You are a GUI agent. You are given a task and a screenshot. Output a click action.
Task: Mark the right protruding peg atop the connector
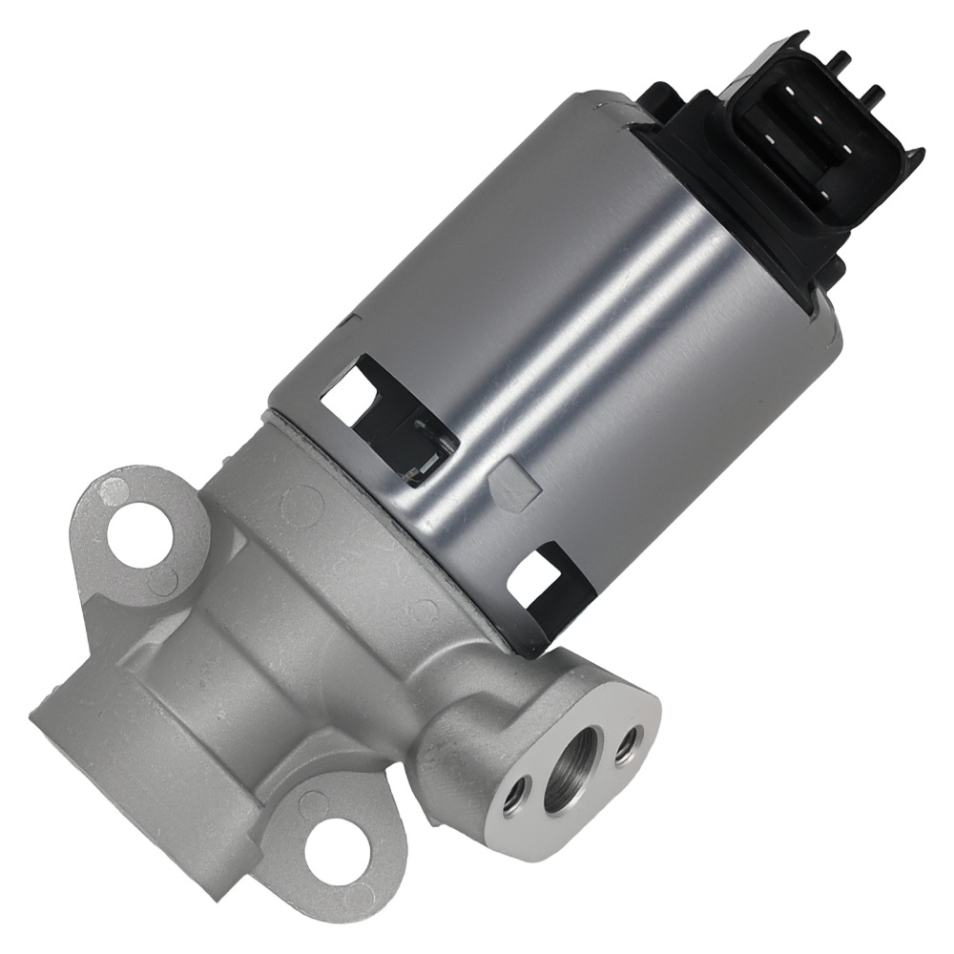[x=873, y=95]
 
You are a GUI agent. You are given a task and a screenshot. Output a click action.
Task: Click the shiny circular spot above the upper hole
[x=113, y=488]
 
